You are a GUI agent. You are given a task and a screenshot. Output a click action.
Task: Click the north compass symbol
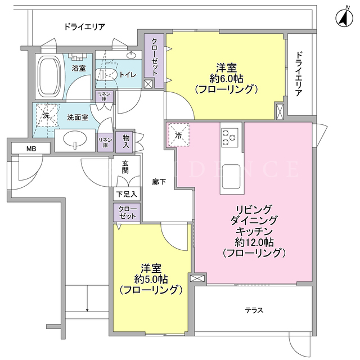[x=344, y=17]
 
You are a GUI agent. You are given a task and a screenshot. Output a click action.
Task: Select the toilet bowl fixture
[x=105, y=75]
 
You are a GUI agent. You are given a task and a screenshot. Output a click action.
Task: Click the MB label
[x=31, y=148]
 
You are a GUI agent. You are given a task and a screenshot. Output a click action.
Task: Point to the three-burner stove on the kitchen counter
[x=229, y=137]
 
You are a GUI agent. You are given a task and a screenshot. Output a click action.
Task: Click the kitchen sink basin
[x=231, y=176]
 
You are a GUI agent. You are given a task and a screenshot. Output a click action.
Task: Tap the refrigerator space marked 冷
[x=179, y=135]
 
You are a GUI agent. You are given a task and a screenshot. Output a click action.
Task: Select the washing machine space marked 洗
[x=47, y=115]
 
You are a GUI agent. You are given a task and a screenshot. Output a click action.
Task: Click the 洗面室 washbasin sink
[x=75, y=139]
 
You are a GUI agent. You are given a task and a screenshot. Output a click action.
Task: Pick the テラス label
[x=254, y=310]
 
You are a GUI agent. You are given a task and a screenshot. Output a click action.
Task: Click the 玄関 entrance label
[x=125, y=166]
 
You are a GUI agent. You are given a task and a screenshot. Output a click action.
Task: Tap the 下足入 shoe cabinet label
[x=127, y=194]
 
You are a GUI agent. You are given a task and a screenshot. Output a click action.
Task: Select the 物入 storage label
[x=126, y=141]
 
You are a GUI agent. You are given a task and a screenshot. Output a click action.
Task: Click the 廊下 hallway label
[x=159, y=182]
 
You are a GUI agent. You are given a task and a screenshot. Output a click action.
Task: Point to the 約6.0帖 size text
[x=226, y=79]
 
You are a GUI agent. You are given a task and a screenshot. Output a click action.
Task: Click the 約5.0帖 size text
[x=151, y=279]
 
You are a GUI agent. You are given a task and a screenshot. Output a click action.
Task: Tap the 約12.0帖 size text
[x=254, y=242]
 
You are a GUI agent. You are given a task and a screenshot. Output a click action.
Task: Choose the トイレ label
[x=128, y=75]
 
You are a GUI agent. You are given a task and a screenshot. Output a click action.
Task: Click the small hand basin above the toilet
[x=131, y=55]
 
